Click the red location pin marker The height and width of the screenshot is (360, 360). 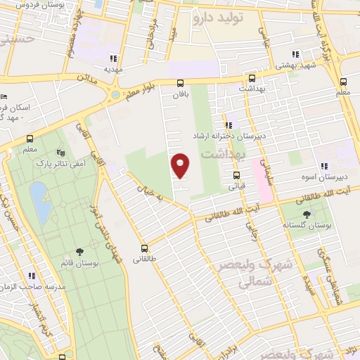tap(181, 165)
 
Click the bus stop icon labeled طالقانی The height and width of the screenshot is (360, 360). tap(145, 248)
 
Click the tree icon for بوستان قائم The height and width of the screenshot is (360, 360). tap(79, 251)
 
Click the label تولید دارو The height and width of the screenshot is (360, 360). tap(218, 19)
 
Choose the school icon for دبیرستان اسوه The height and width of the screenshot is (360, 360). tap(323, 167)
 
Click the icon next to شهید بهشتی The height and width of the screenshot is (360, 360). tap(295, 54)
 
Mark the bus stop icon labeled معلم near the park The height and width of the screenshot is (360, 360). tap(30, 139)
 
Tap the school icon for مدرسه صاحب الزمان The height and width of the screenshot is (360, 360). tap(32, 276)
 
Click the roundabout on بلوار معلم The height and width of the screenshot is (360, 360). tap(115, 94)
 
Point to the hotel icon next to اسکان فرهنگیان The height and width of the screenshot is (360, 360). tap(5, 96)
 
